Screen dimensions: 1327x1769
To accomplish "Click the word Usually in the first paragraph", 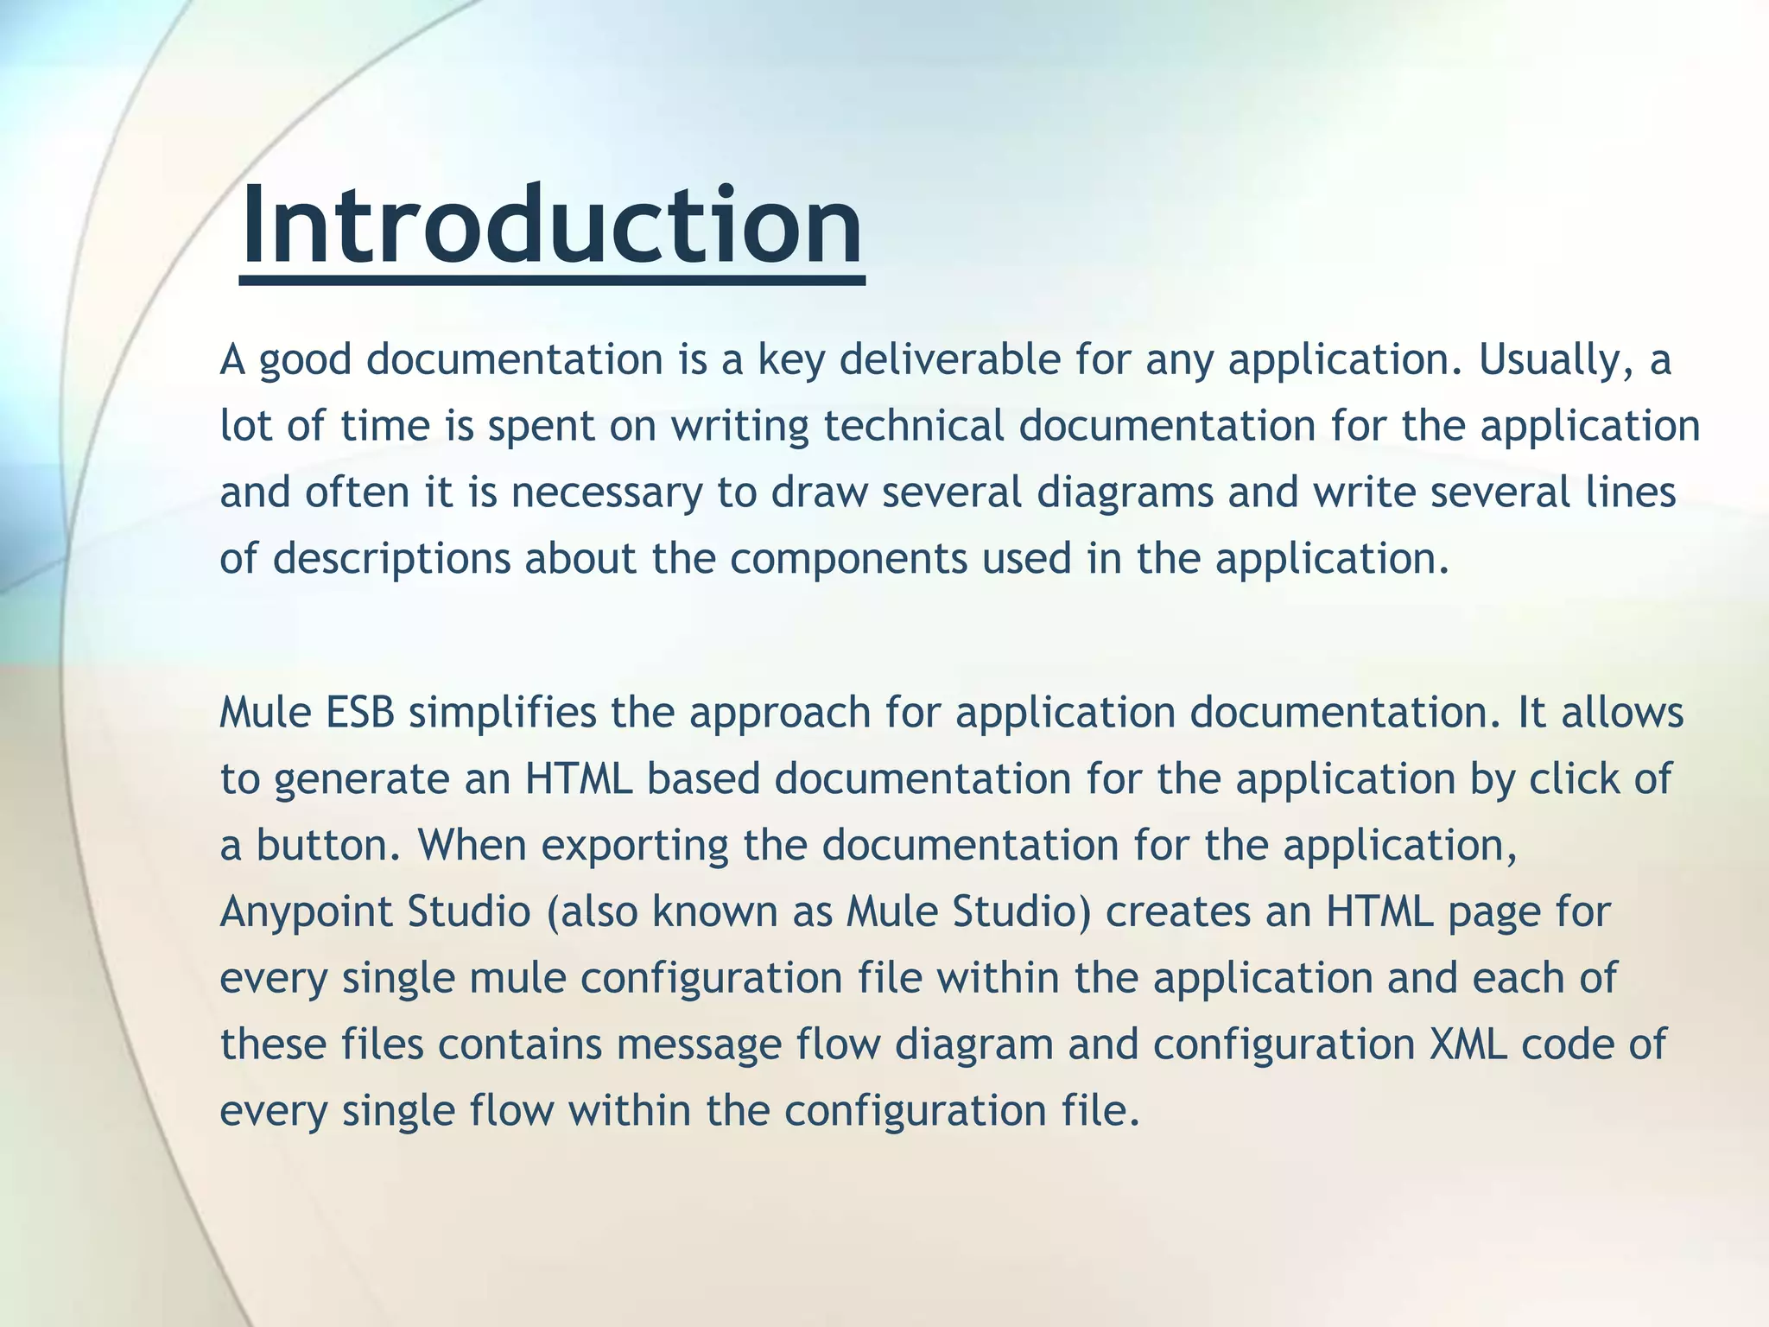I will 1555,360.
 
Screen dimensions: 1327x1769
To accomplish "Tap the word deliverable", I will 949,360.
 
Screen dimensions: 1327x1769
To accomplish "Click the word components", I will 848,560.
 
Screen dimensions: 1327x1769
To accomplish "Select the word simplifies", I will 502,714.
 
